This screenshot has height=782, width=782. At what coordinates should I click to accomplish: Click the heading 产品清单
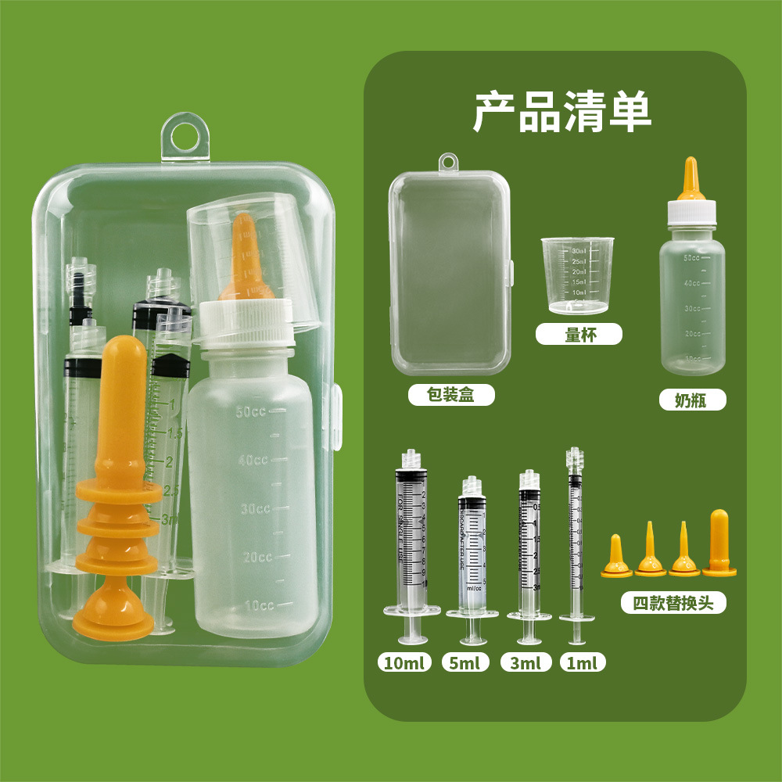click(562, 113)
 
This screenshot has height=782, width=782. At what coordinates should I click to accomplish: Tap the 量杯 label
click(579, 335)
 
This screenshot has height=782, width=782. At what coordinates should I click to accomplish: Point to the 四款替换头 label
click(673, 603)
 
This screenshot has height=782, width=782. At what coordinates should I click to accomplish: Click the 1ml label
click(583, 663)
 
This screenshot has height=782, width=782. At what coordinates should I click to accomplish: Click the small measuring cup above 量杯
click(577, 275)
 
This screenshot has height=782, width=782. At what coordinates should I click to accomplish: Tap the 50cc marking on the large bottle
click(251, 412)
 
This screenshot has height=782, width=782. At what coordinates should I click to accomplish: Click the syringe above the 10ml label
click(411, 540)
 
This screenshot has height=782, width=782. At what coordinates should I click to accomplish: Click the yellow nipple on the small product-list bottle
click(691, 181)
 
